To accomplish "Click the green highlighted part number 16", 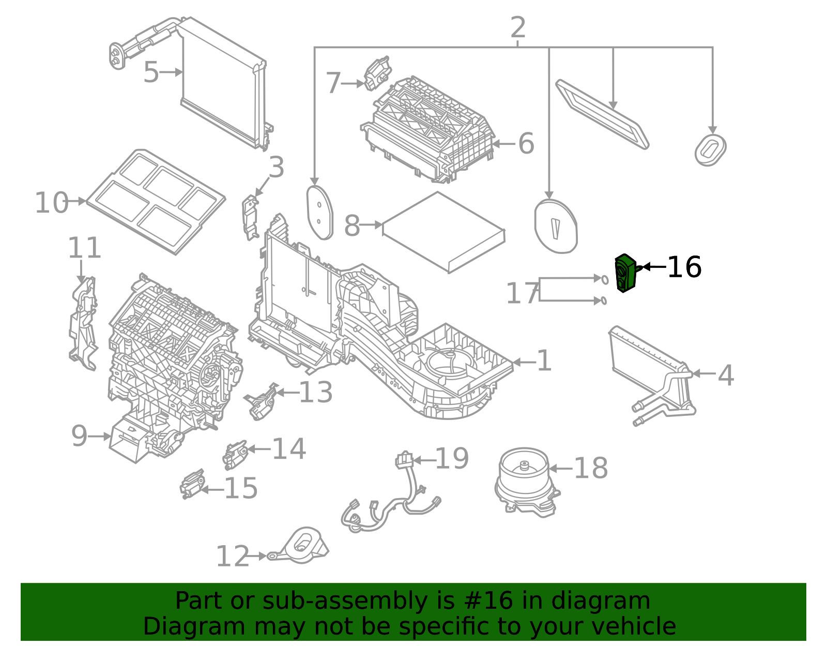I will (x=625, y=273).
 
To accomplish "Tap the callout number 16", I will (x=684, y=267).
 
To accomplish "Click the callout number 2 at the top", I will (x=517, y=28).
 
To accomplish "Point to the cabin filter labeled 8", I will (x=443, y=231).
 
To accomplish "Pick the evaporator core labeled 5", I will (x=222, y=83).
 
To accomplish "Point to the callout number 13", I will (x=315, y=393).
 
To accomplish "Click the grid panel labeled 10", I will (x=155, y=202).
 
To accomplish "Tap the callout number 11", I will (x=84, y=248).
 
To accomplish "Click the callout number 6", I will (x=526, y=144).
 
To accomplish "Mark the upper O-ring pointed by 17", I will (x=604, y=280).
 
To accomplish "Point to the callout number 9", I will (x=79, y=436).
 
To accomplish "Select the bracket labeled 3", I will (x=250, y=217).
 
